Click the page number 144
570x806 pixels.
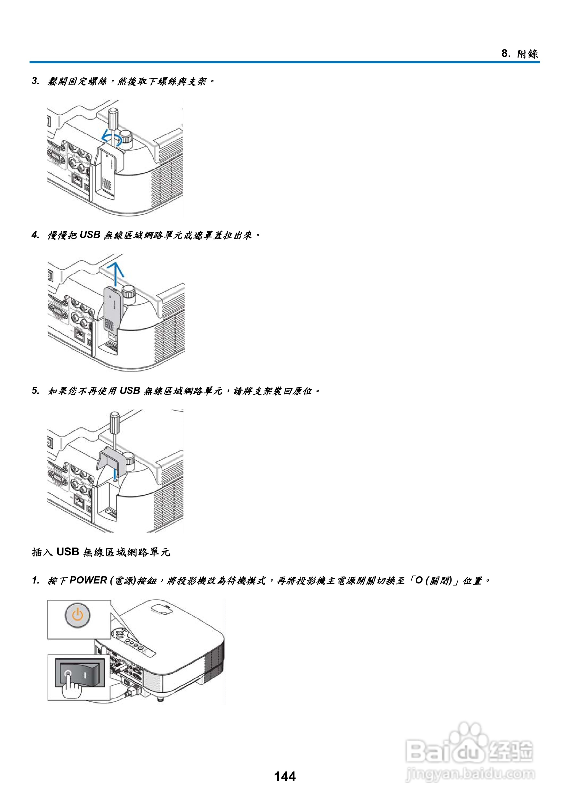(x=285, y=776)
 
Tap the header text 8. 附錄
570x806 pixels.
(x=519, y=54)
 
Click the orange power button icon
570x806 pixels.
(x=78, y=615)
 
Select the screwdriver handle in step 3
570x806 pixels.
(x=113, y=118)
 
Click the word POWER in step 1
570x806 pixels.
(x=88, y=580)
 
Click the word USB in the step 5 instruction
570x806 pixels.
(x=130, y=391)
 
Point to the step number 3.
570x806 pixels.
(x=35, y=81)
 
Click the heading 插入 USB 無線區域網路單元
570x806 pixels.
(x=101, y=552)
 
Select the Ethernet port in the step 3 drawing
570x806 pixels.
(x=77, y=180)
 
